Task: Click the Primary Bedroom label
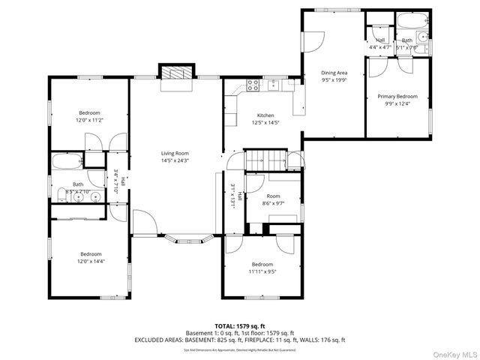tap(397, 97)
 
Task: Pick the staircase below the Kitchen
tap(268, 159)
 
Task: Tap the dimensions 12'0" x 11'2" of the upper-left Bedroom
tap(89, 120)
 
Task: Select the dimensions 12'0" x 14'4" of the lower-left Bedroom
tap(90, 261)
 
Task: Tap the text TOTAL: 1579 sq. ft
tap(240, 326)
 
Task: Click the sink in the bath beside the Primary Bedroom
tap(423, 36)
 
